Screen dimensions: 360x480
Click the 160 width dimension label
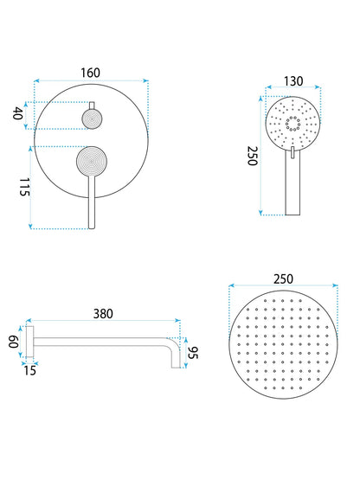point(90,73)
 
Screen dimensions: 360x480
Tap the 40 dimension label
point(19,113)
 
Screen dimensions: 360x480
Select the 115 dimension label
point(24,187)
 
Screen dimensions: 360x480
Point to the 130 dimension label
point(293,81)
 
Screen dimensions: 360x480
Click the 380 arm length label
point(103,314)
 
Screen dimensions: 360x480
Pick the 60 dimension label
point(14,342)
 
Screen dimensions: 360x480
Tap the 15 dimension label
point(30,370)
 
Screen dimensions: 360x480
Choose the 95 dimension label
point(193,353)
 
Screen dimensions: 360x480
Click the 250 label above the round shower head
point(283,278)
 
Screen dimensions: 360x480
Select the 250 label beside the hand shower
point(253,156)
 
